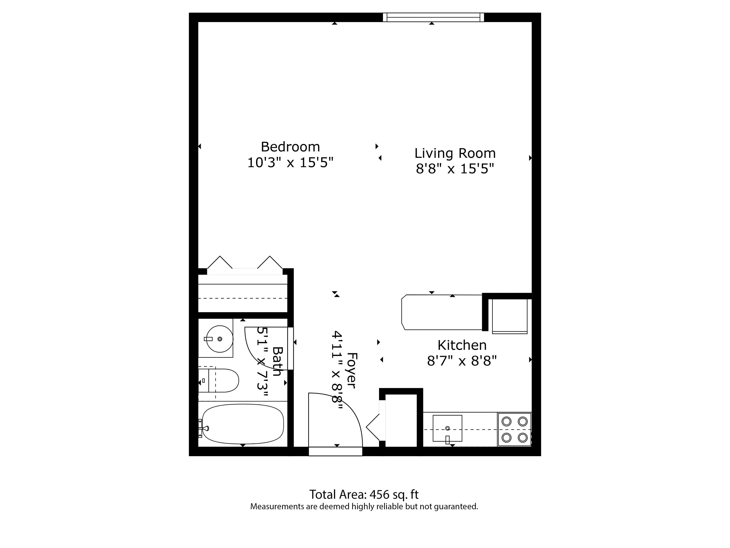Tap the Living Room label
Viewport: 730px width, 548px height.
coord(455,153)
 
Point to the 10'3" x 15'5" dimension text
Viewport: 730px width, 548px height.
coord(290,163)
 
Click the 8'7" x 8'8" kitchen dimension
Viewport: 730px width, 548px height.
coord(462,361)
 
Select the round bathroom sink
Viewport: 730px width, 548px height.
coord(220,339)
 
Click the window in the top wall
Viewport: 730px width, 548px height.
coord(433,17)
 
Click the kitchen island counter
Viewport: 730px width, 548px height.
coord(442,312)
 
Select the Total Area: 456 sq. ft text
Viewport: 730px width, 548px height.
coord(364,494)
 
